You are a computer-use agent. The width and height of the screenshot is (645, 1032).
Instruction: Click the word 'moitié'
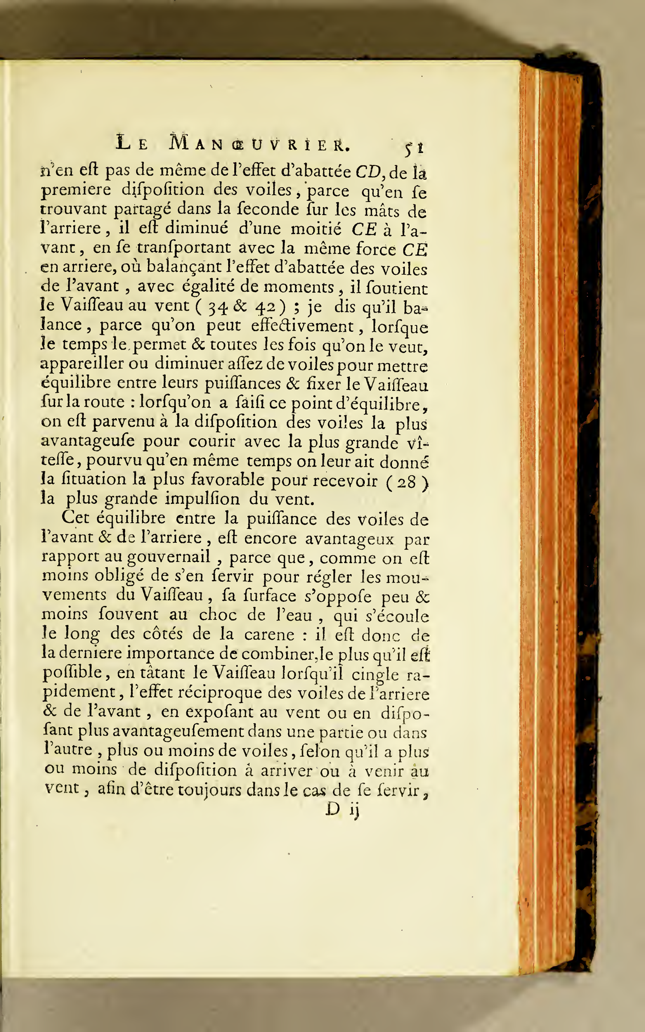pyautogui.click(x=316, y=229)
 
